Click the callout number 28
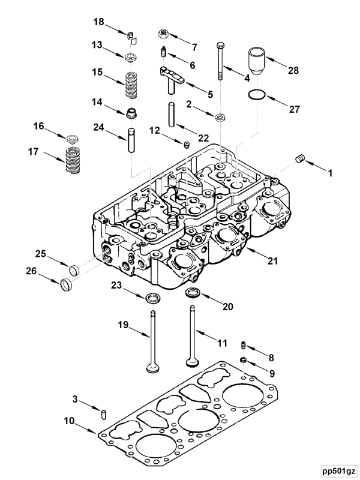[292, 71]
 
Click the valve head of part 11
[192, 362]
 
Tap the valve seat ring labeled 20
[193, 293]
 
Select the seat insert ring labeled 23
[154, 297]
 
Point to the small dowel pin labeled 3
[104, 415]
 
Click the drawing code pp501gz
[338, 470]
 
